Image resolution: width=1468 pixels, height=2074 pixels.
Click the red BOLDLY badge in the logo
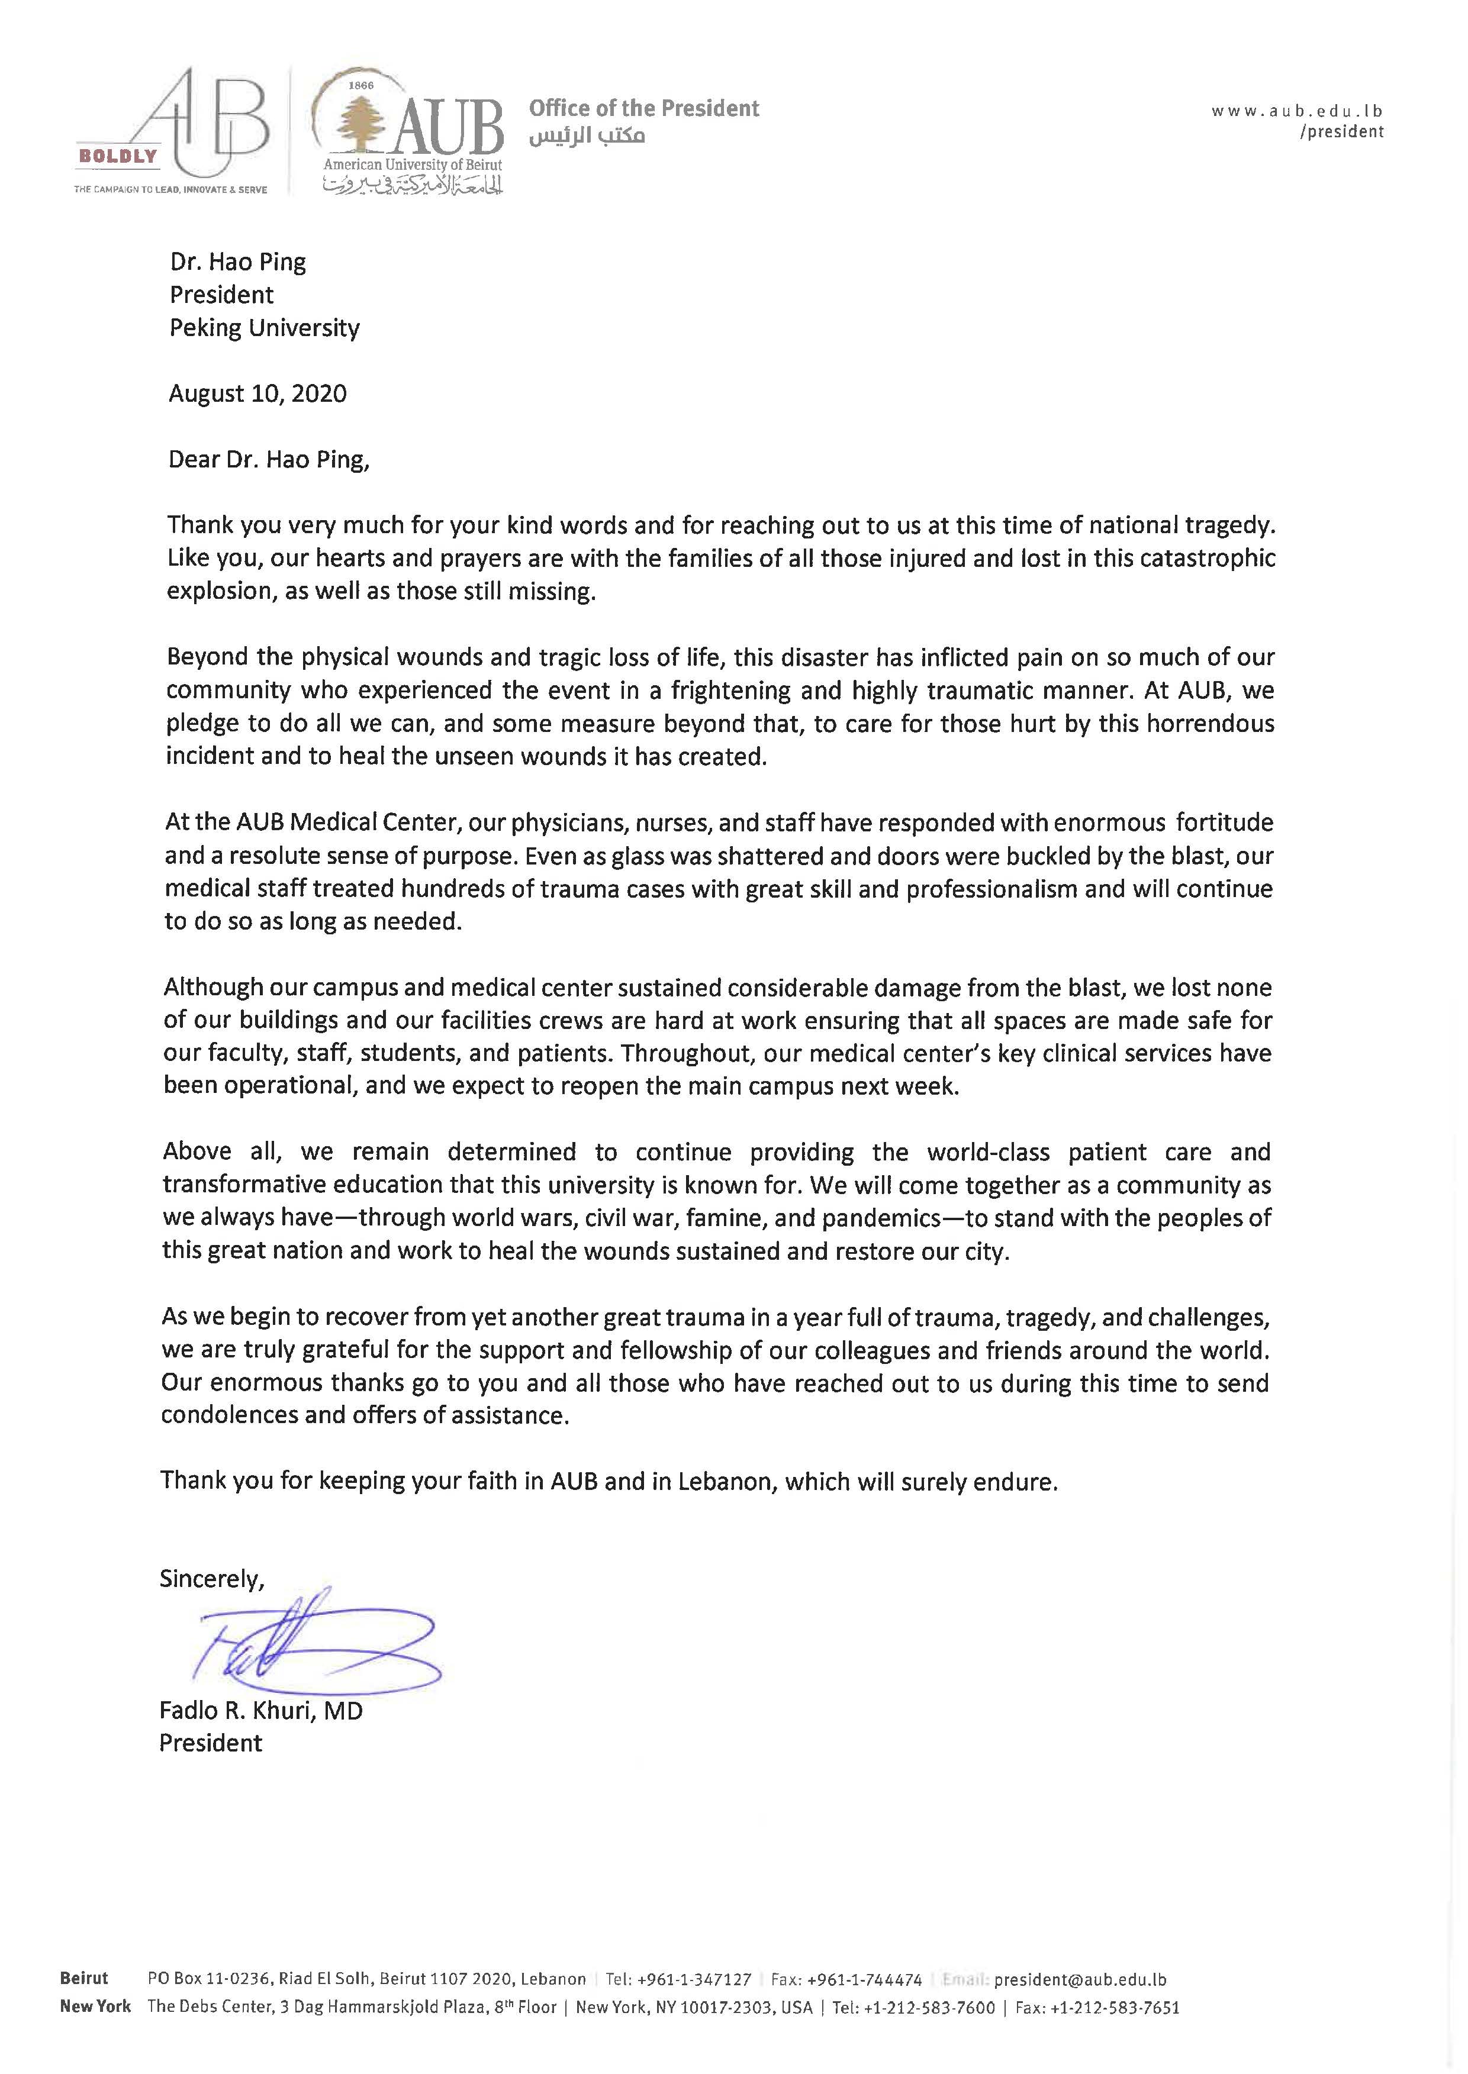[118, 156]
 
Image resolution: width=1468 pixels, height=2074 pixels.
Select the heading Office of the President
[643, 108]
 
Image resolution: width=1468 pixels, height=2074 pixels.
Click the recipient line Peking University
[264, 328]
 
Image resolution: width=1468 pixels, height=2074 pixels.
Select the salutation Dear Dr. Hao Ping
[269, 460]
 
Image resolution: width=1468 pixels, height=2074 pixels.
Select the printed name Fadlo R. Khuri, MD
[260, 1711]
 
